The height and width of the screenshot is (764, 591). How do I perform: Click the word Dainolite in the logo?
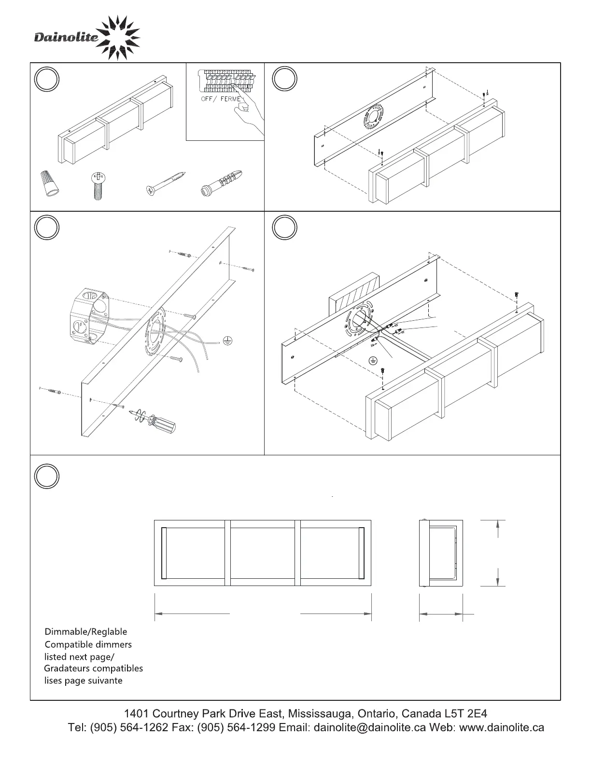coord(66,38)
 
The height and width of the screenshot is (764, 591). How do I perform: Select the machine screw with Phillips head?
coord(97,186)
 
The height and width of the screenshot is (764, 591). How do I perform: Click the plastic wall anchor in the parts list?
coord(221,183)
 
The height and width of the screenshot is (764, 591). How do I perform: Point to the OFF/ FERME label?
coord(221,99)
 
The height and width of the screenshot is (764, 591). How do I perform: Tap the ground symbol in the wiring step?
coord(372,360)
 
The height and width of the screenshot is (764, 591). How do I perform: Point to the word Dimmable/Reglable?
coord(86,632)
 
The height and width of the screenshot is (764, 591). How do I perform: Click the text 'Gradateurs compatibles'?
coord(93,668)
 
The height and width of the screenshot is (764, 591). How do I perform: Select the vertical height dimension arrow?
coord(497,553)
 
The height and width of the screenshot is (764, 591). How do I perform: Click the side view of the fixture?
coord(441,553)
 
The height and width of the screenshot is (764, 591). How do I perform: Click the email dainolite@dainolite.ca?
coord(369,727)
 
